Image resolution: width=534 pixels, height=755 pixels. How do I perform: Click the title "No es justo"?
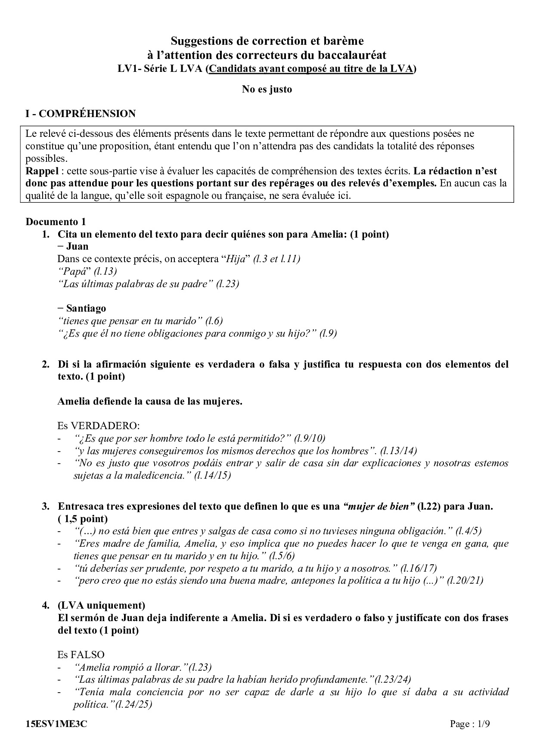click(267, 90)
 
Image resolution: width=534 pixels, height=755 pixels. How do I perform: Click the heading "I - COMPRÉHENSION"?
click(81, 114)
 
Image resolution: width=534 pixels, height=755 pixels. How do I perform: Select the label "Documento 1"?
click(56, 222)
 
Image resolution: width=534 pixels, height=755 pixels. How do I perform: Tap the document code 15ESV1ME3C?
click(56, 724)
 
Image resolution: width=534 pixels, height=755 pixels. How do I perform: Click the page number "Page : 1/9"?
click(470, 724)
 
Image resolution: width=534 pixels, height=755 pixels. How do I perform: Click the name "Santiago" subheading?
click(86, 308)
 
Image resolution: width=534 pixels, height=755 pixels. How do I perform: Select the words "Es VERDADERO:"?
click(99, 426)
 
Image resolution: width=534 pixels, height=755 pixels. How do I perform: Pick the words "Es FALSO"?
click(81, 655)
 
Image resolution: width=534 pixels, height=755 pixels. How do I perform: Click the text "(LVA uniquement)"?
click(101, 605)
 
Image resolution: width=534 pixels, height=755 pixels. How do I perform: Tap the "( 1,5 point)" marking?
click(83, 519)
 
